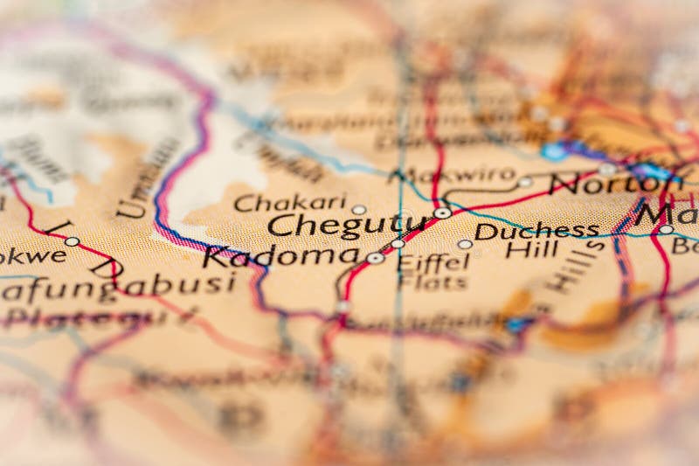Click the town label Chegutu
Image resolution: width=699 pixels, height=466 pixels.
[346, 226]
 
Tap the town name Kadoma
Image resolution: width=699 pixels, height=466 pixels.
[280, 257]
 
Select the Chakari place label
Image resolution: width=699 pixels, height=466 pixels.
[290, 203]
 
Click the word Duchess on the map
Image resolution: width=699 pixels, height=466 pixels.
[536, 231]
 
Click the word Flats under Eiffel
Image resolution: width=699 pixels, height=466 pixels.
[433, 282]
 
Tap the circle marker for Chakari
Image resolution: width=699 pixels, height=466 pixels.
[359, 210]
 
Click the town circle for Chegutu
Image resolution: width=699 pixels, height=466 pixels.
[443, 212]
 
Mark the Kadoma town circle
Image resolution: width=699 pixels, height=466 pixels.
[375, 258]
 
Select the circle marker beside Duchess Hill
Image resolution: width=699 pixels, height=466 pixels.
[465, 244]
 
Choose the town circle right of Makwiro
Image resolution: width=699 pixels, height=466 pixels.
[524, 182]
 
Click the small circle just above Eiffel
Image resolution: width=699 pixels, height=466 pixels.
[398, 244]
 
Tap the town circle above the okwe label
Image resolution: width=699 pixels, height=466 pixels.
[72, 241]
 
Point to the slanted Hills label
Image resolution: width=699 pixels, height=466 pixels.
[576, 268]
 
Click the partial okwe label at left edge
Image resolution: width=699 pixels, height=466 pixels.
[33, 255]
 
